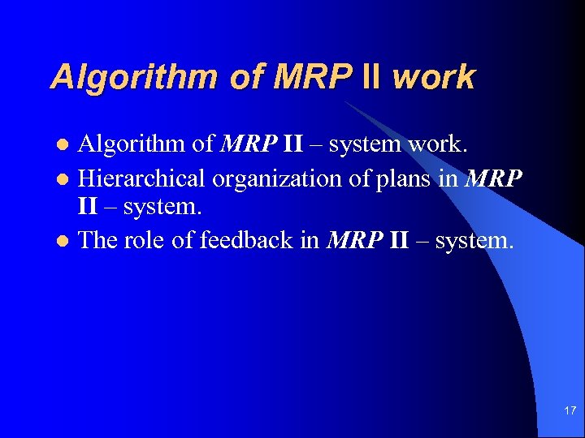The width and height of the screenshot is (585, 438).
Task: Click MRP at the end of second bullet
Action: coord(493,178)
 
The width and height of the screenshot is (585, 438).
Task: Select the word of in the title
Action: coord(249,77)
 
